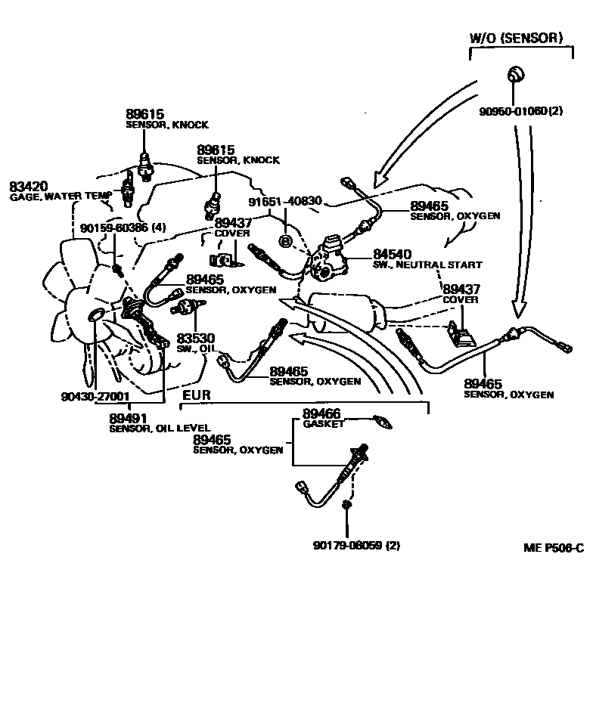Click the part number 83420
[29, 186]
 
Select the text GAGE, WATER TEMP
[61, 197]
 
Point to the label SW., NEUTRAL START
[427, 265]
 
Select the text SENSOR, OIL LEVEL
[160, 428]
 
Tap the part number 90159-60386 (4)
[123, 227]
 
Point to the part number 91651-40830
[286, 202]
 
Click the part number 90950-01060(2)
[521, 111]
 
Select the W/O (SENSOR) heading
[517, 37]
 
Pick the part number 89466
[321, 413]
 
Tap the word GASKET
[324, 424]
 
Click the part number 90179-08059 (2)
[356, 545]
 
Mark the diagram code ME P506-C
[553, 548]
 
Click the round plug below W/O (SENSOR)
[514, 74]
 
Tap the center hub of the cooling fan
[98, 314]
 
